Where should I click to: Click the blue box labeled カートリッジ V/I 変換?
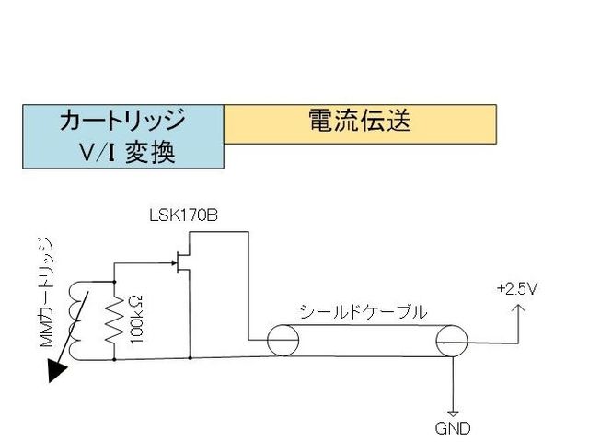pos(123,135)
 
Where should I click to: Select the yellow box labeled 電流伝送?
pos(360,123)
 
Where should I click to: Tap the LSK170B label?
pos(183,217)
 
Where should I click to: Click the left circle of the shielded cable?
pos(283,341)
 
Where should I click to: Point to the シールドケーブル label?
pos(363,312)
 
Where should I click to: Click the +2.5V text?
pos(516,288)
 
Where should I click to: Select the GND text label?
pos(454,427)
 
